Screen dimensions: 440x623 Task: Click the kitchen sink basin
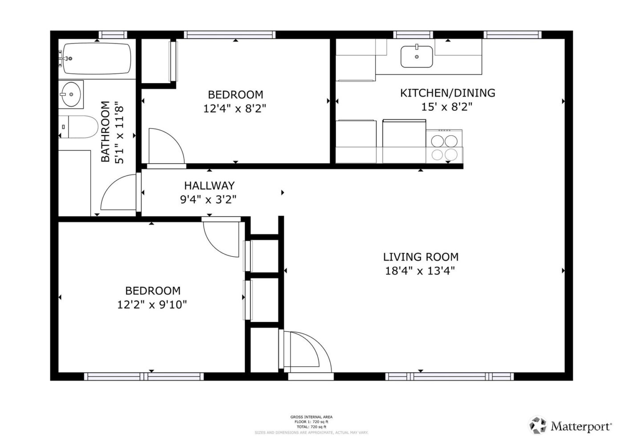pyautogui.click(x=417, y=57)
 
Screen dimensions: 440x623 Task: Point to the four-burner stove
pyautogui.click(x=444, y=147)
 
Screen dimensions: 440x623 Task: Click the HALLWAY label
pyautogui.click(x=209, y=186)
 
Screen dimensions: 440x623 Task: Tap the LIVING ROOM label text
pyautogui.click(x=421, y=257)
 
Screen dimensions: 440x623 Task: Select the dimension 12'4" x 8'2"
pyautogui.click(x=235, y=109)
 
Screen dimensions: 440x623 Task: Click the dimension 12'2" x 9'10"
pyautogui.click(x=152, y=305)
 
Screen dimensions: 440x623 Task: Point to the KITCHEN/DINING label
pyautogui.click(x=448, y=93)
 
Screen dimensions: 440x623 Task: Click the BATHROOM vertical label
pyautogui.click(x=105, y=132)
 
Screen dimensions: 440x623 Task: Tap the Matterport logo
pyautogui.click(x=570, y=426)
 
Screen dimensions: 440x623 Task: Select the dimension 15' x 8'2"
pyautogui.click(x=446, y=107)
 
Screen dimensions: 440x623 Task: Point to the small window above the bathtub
pyautogui.click(x=113, y=34)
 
